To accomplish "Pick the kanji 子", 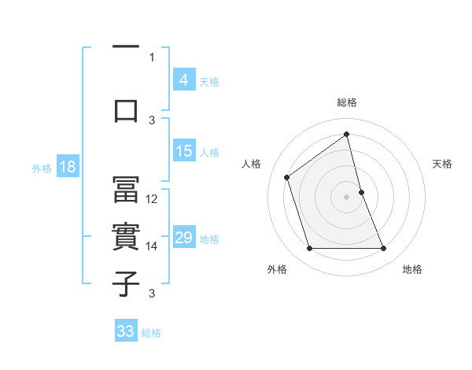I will (126, 284).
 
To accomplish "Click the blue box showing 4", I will (183, 80).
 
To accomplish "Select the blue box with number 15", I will (183, 151).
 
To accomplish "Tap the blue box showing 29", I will (183, 238).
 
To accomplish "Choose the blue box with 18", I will (67, 167).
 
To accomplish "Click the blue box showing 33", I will (126, 331).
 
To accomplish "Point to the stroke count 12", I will (153, 199).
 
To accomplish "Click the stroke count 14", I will (153, 246).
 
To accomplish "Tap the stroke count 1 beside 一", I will (152, 57).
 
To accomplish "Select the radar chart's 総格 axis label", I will (346, 102).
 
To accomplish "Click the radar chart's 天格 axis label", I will (443, 164).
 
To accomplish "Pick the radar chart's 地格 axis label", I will (412, 269).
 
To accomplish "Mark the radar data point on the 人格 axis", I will (287, 177).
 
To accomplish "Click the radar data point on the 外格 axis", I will (309, 249).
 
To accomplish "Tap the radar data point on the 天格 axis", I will (361, 191).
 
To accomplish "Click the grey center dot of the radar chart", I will (346, 196).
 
